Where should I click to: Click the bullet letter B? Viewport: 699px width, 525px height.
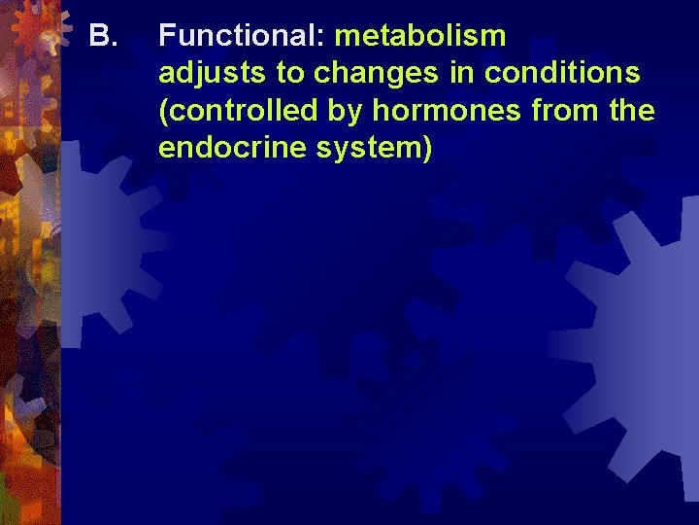pos(102,37)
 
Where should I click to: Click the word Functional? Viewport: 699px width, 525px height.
pos(242,37)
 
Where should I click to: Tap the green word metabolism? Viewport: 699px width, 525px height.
pos(420,37)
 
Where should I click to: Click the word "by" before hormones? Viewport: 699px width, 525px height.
pos(344,112)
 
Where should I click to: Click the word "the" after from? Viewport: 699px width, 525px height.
pos(633,111)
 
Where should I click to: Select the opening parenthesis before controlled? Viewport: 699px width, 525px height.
pos(163,111)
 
